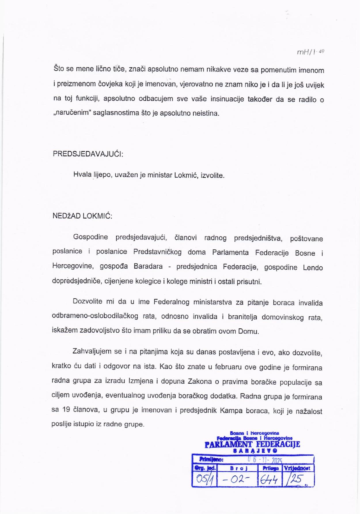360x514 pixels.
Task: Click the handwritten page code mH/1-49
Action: (x=310, y=52)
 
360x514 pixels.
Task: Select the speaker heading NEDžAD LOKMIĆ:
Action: (x=82, y=216)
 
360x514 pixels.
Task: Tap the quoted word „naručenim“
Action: (x=72, y=113)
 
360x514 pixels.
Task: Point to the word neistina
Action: (x=206, y=113)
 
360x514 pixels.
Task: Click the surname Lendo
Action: (x=313, y=267)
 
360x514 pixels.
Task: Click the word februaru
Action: (x=228, y=367)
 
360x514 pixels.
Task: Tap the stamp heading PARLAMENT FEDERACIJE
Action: (x=252, y=444)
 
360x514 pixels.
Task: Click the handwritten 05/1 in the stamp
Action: (x=204, y=479)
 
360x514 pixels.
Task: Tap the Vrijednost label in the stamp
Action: (x=298, y=468)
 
